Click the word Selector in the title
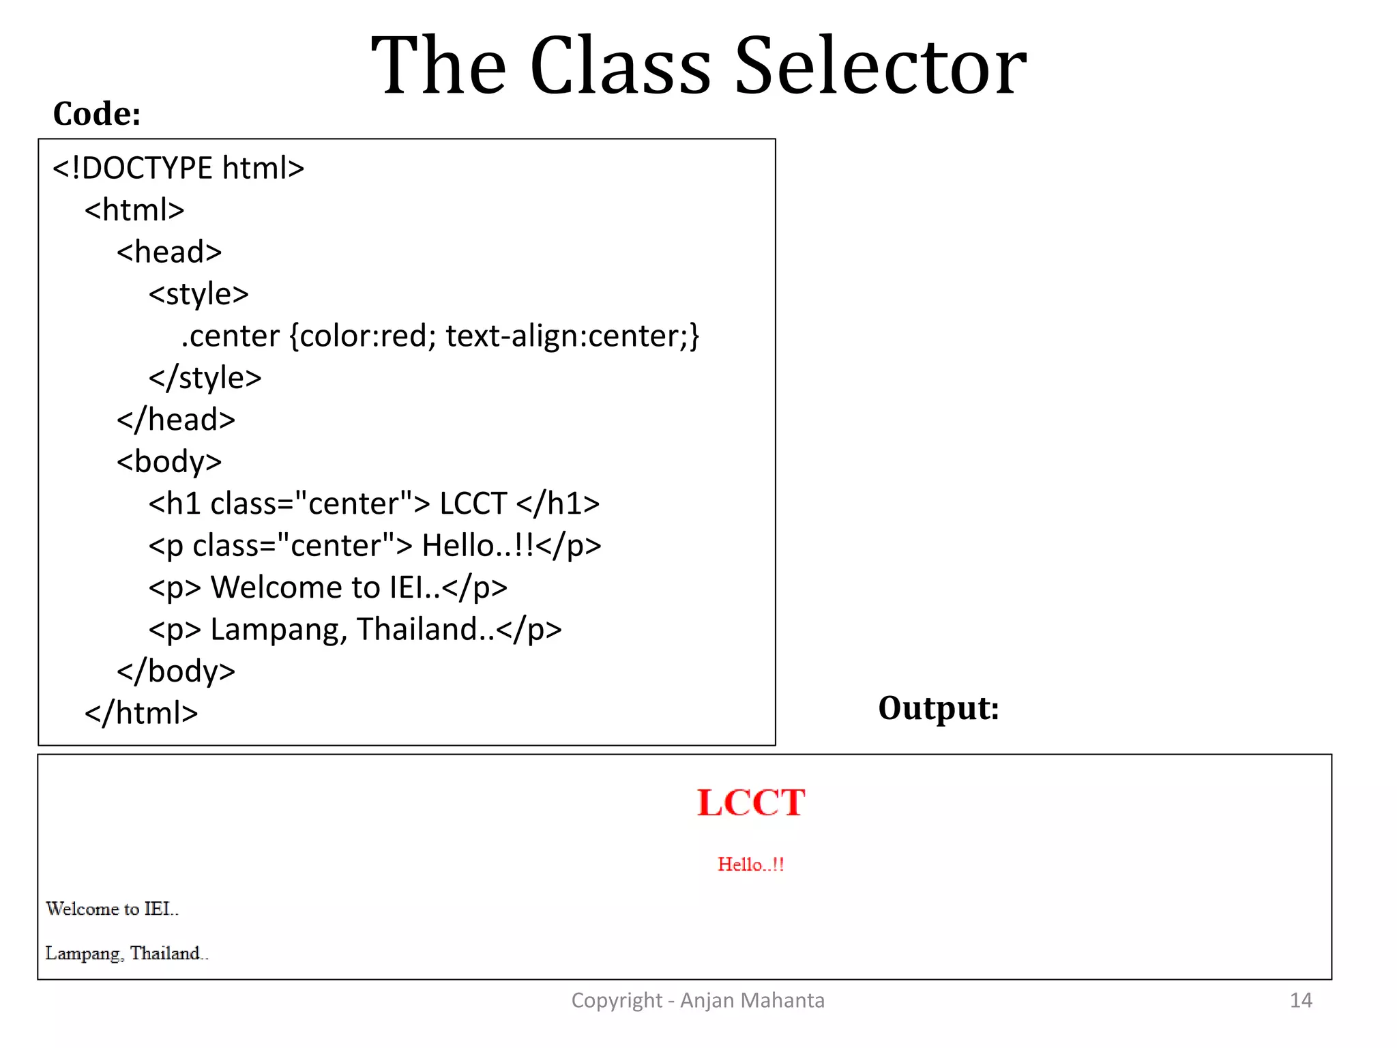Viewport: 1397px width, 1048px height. [x=880, y=67]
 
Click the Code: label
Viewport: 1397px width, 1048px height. [x=97, y=114]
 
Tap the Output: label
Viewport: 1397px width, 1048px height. [x=938, y=708]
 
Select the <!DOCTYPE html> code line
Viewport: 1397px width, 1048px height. [x=178, y=168]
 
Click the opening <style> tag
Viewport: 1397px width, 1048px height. [x=198, y=294]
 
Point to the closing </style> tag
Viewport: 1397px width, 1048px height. [x=205, y=378]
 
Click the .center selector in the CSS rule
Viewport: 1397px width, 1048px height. [x=230, y=336]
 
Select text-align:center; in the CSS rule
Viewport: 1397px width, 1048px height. [x=572, y=336]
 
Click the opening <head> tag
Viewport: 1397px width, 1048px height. [x=168, y=252]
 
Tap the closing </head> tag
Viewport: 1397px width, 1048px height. [x=175, y=420]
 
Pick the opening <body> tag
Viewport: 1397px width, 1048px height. [x=168, y=462]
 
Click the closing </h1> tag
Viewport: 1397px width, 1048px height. [x=557, y=504]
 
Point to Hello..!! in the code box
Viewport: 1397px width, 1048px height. [x=477, y=546]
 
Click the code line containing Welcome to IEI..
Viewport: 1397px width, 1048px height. [x=327, y=587]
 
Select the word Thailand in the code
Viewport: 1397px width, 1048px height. [x=417, y=629]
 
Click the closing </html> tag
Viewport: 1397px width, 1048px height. [x=141, y=713]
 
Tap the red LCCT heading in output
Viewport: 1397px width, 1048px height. [x=750, y=802]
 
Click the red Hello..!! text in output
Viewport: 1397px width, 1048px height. [x=750, y=864]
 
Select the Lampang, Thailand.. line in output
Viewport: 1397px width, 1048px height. [x=126, y=953]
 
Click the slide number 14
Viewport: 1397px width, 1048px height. [x=1300, y=1000]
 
